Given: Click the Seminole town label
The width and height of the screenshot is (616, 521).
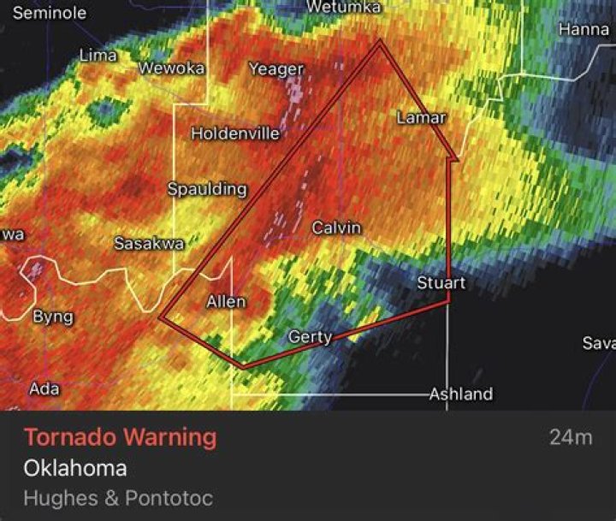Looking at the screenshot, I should tap(50, 13).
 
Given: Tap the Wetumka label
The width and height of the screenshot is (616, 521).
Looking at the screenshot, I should tap(343, 7).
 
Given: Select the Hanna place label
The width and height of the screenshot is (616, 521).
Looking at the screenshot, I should tap(583, 29).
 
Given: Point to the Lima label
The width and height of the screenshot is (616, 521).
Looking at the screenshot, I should tap(98, 56).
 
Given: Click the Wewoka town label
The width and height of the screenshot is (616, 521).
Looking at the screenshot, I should tap(172, 68).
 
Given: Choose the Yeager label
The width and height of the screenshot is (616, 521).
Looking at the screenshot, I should tap(276, 69).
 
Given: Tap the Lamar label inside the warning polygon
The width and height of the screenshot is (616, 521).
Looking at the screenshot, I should tap(422, 118).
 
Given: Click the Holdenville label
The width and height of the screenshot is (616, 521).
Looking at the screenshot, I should tap(235, 133).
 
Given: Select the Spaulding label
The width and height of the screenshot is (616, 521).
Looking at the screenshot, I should tap(207, 189).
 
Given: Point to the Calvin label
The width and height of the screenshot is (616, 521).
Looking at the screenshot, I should tap(336, 228).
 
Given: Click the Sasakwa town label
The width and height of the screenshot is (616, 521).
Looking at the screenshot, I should tap(149, 244).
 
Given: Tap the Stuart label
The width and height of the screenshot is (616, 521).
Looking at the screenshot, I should tap(441, 282).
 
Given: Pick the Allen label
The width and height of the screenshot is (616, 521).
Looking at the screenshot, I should tap(226, 301).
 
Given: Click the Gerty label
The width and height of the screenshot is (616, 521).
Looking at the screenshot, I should tap(310, 337).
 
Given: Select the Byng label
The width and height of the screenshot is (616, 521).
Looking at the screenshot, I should tap(53, 317).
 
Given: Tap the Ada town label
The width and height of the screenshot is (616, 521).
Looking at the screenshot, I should tap(44, 388).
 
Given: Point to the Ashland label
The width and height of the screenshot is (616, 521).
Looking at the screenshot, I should tap(461, 394).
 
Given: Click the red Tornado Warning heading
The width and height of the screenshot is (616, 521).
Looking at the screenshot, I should tap(120, 437).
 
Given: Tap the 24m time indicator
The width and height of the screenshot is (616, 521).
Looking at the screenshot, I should tap(571, 437).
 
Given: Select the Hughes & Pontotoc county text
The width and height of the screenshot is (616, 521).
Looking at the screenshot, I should tap(118, 497).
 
